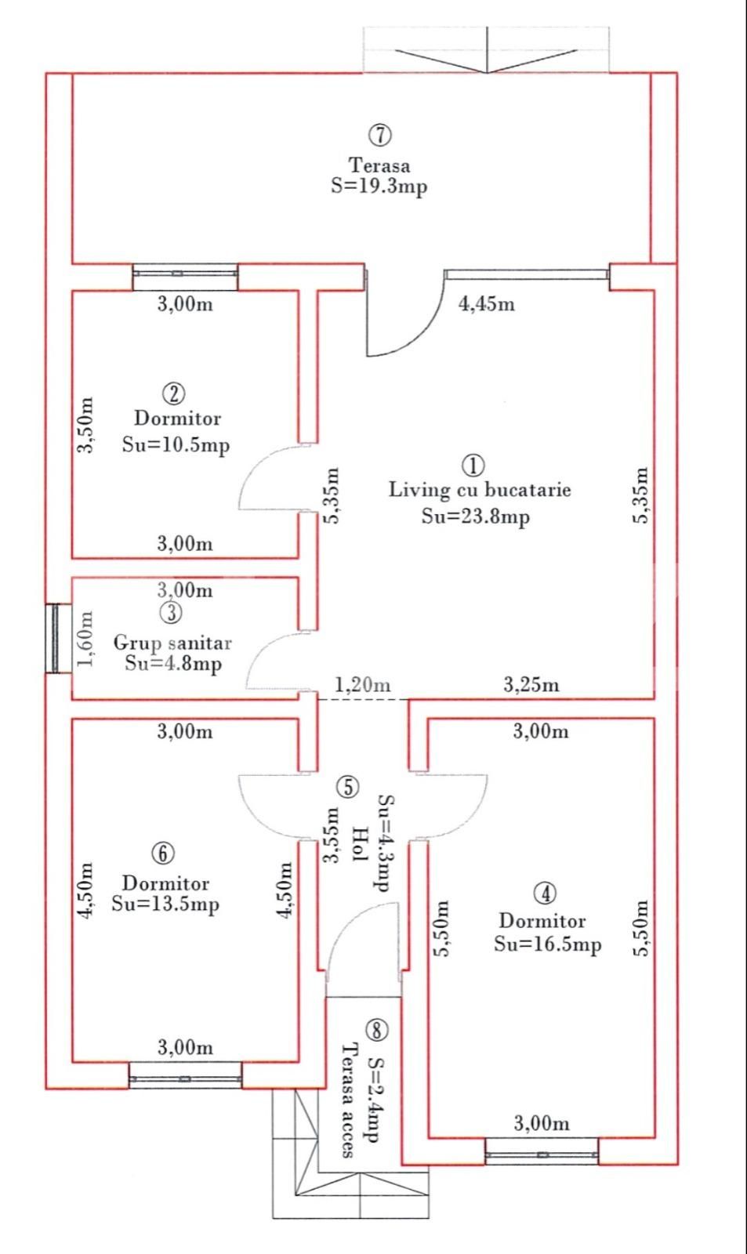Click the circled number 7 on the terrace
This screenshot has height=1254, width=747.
[x=380, y=135]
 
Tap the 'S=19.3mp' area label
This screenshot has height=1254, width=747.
[x=379, y=186]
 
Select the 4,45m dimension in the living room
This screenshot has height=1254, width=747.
[x=487, y=304]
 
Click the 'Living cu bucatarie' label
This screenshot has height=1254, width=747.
[x=480, y=490]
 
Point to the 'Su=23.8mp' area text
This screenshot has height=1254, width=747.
[x=476, y=516]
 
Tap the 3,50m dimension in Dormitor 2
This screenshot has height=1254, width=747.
[x=86, y=425]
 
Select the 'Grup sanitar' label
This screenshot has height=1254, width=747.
[x=172, y=642]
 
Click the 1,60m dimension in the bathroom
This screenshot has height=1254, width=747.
[x=86, y=638]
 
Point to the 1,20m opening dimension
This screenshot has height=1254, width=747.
[x=363, y=685]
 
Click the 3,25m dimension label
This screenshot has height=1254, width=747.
[x=531, y=685]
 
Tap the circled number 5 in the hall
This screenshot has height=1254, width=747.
[x=348, y=787]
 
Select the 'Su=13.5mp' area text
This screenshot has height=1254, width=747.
[x=165, y=904]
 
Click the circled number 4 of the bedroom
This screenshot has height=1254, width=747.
[x=545, y=893]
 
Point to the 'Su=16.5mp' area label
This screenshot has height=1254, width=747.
[x=548, y=944]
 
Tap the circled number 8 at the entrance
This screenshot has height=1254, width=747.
[x=376, y=1029]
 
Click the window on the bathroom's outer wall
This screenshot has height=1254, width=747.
[x=54, y=638]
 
